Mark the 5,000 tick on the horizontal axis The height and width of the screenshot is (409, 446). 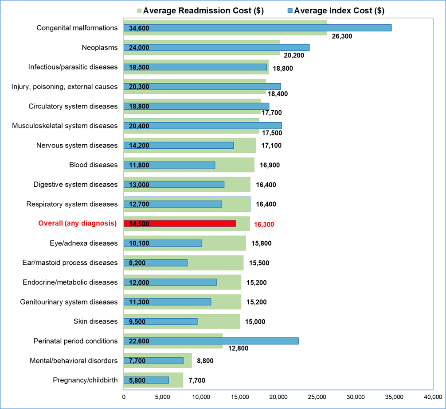(162, 396)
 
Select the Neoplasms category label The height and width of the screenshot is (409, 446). (100, 47)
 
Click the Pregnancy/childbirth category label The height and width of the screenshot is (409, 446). (85, 380)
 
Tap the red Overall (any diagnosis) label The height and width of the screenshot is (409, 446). (78, 224)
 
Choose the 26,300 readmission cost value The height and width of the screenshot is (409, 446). (342, 36)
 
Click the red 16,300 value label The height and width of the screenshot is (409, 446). (264, 224)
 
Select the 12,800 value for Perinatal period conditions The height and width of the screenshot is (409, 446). (238, 348)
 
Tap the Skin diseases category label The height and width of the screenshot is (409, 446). (95, 321)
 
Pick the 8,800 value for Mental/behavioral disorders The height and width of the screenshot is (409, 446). (205, 361)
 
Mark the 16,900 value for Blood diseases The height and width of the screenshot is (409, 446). (270, 165)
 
